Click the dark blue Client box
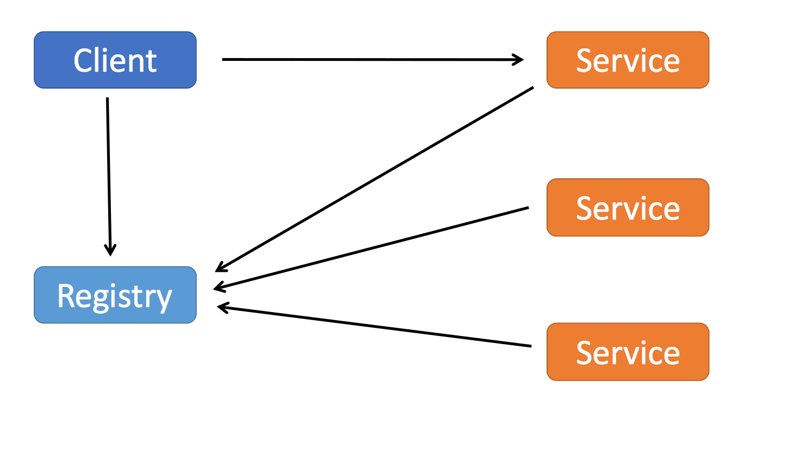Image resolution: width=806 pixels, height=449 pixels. tap(115, 60)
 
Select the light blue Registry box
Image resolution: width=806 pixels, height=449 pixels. tap(115, 295)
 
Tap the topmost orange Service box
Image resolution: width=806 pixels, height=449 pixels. tap(628, 60)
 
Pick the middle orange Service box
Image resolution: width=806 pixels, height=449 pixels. tap(628, 208)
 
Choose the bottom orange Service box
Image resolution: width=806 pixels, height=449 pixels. tap(628, 352)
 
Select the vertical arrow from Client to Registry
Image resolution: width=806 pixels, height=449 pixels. tap(109, 174)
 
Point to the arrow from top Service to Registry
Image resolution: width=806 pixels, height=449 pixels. tap(375, 179)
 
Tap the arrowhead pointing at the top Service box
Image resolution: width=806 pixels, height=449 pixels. tap(519, 60)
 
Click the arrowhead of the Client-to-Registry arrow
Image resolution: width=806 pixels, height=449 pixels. tap(110, 251)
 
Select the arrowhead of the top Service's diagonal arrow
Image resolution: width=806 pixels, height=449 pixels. tap(220, 267)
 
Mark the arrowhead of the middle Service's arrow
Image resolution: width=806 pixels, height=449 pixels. tap(219, 286)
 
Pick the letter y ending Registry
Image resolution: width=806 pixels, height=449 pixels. tap(164, 299)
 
